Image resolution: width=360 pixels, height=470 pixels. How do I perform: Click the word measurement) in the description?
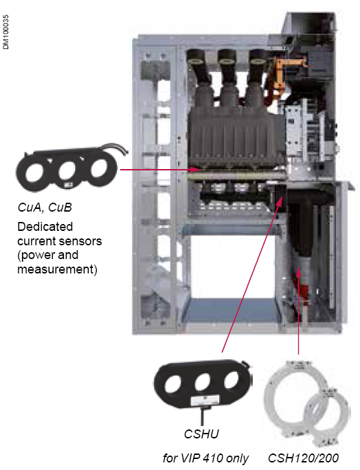point(58,269)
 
